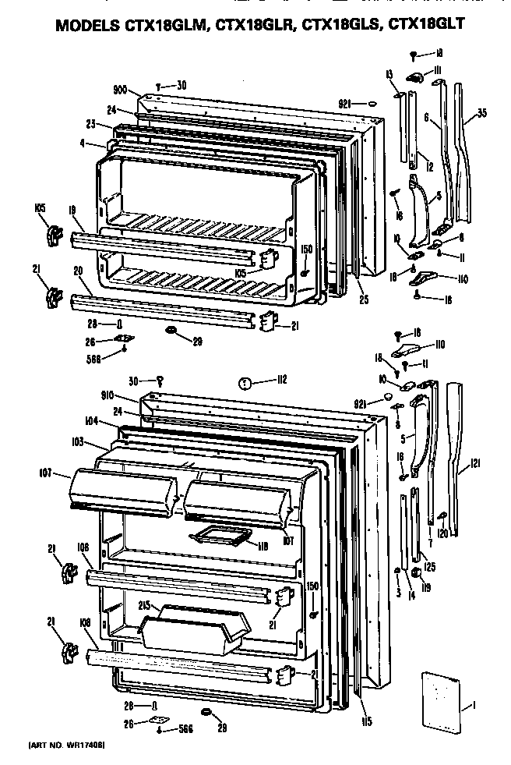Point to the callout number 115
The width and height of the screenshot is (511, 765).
tap(366, 721)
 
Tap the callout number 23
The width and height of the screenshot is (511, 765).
tap(90, 124)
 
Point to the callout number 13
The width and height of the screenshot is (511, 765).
tap(388, 73)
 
